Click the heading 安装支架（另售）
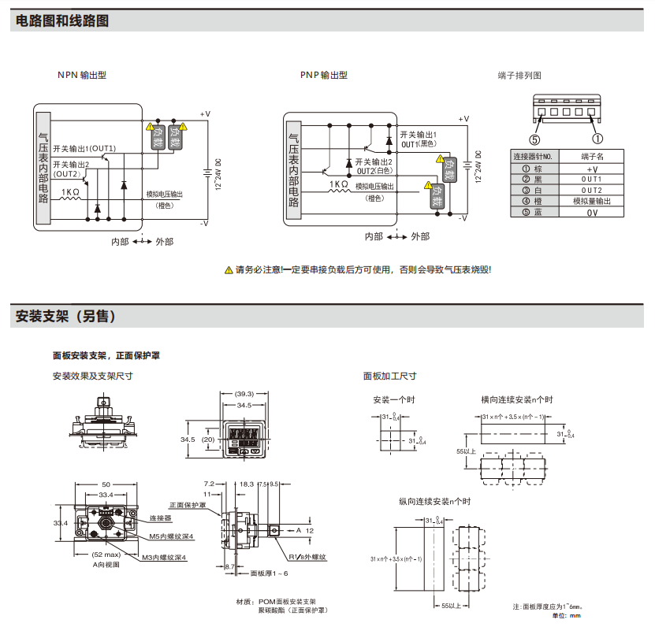tap(66, 317)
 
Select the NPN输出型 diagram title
tap(81, 75)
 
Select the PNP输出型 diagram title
tap(323, 75)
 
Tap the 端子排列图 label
tap(519, 76)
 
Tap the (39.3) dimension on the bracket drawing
tap(244, 394)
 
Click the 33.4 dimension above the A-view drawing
tap(105, 495)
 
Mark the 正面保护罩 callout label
tap(187, 505)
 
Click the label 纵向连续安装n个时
tap(434, 501)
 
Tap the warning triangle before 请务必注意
tap(229, 270)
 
